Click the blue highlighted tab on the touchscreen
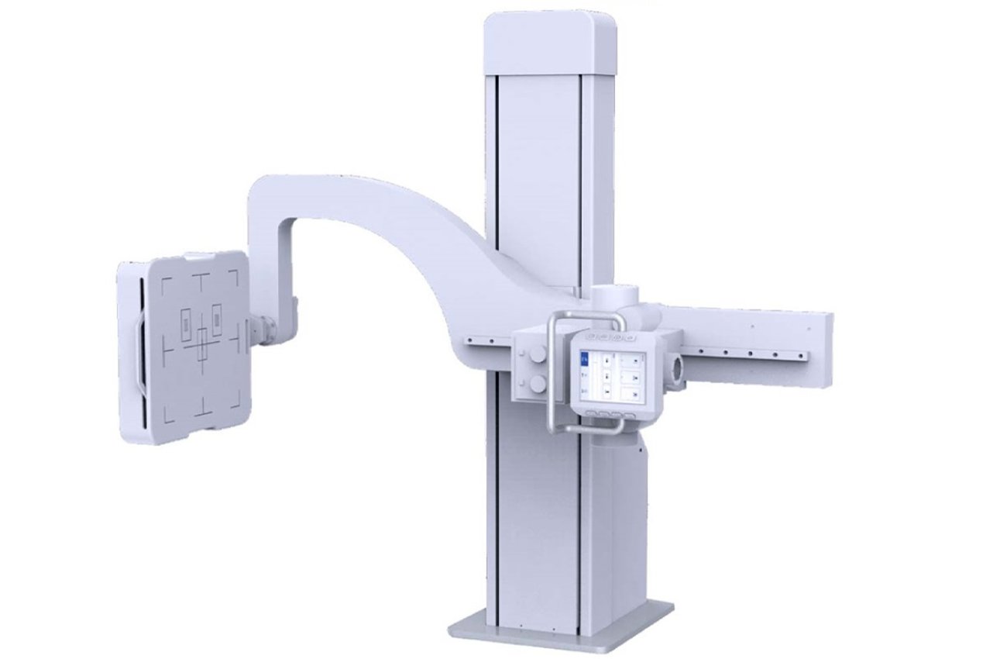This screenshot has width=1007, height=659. [x=586, y=358]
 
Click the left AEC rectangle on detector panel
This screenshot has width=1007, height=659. [x=187, y=323]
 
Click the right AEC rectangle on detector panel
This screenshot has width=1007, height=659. [x=216, y=319]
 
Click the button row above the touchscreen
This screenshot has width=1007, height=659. [x=611, y=339]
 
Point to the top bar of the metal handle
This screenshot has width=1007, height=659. [x=586, y=314]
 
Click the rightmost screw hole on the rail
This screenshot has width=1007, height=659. [x=800, y=356]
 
